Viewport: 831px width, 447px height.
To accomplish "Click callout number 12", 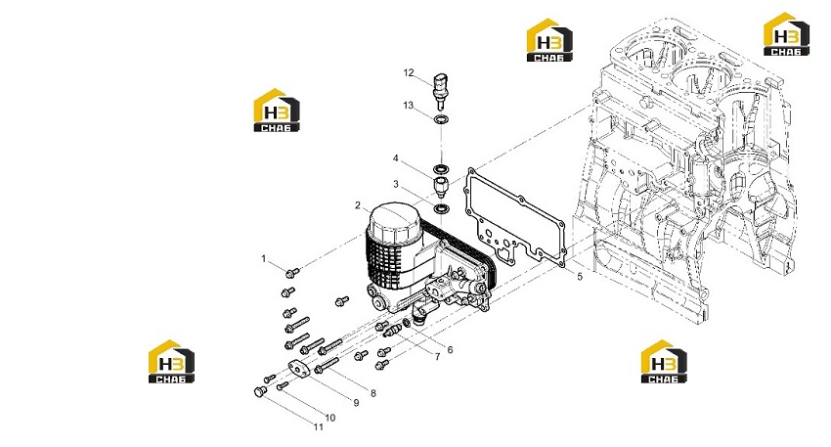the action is (408, 72).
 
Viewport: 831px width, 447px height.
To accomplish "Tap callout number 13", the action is (408, 105).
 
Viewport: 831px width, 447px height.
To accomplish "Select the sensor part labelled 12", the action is (440, 86).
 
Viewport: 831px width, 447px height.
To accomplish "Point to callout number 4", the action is (395, 158).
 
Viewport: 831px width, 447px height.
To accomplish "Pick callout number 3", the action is (395, 184).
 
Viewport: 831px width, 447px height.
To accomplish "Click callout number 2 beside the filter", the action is (358, 205).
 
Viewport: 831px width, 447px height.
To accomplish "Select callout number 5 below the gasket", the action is (580, 276).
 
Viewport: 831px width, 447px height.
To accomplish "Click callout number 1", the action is (263, 259).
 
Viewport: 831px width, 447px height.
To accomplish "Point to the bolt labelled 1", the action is (292, 273).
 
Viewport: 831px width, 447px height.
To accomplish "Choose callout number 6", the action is (450, 349).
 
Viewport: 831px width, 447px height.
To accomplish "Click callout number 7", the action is (437, 357).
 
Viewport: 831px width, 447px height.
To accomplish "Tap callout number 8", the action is (373, 393).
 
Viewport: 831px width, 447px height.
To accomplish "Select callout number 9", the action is (356, 402).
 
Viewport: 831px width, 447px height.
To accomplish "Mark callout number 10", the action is (329, 418).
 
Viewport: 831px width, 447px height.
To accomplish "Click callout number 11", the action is (318, 426).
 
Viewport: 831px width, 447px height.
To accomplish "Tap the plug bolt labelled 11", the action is (260, 392).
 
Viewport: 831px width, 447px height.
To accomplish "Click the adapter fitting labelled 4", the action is (441, 187).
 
